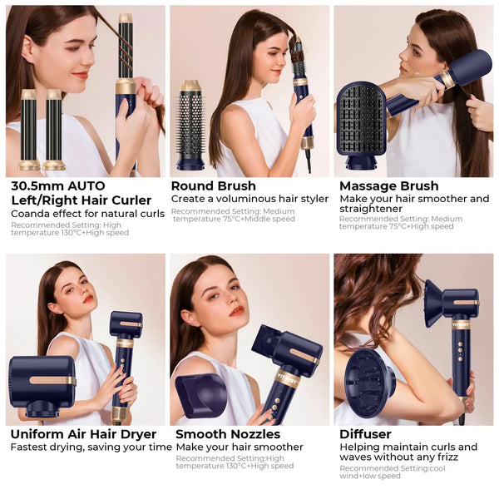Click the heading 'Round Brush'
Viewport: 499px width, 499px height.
(213, 185)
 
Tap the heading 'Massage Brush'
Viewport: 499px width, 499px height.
(389, 185)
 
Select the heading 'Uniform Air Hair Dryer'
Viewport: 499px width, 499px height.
(83, 434)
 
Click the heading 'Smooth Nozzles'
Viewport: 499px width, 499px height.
(228, 434)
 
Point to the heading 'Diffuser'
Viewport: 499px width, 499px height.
(365, 434)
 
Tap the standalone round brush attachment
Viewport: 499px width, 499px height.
(190, 125)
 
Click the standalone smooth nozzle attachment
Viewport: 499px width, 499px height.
(200, 394)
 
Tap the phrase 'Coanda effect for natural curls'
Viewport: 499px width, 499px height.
(87, 214)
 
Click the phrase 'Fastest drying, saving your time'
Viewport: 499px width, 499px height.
(91, 447)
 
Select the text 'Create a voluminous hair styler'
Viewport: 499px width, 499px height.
(249, 199)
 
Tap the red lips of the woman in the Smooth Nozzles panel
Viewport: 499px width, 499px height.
(238, 310)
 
